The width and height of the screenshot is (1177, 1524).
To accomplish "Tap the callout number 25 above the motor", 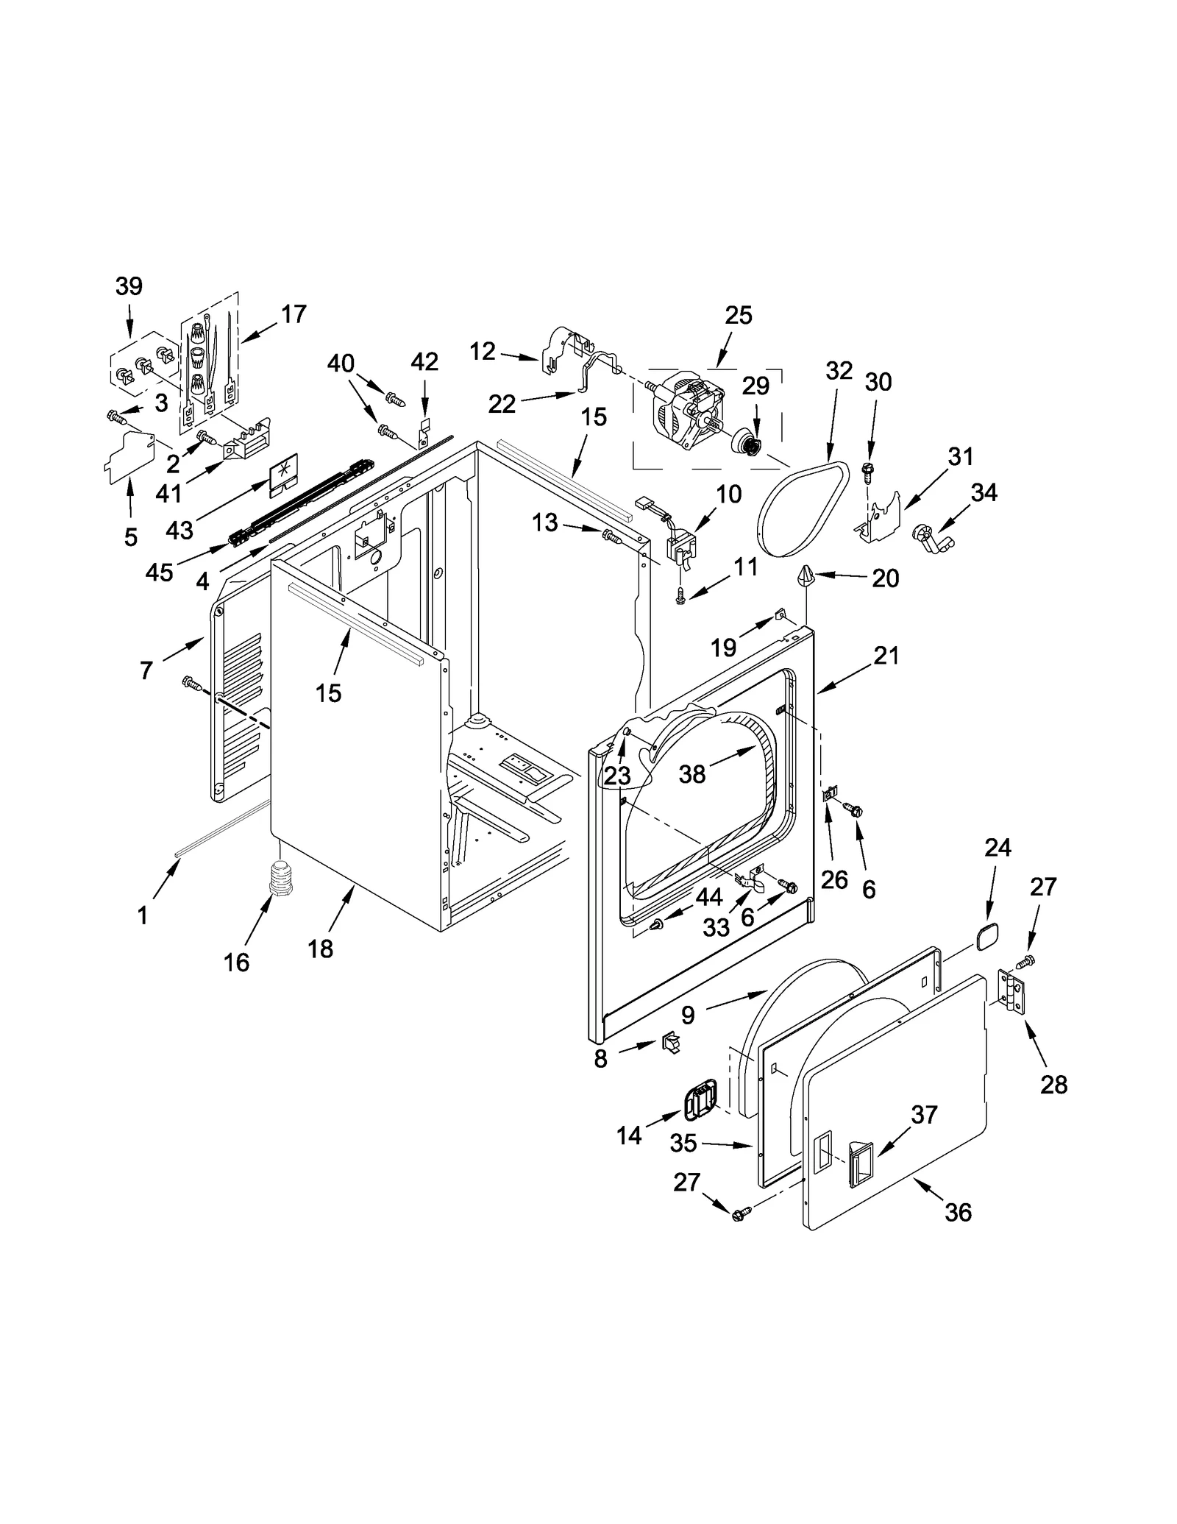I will tap(738, 315).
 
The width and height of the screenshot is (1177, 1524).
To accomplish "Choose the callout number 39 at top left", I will tap(129, 286).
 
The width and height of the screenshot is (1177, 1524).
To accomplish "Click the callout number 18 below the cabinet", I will tap(321, 949).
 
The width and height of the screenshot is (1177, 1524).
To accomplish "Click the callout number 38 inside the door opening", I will tap(692, 773).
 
